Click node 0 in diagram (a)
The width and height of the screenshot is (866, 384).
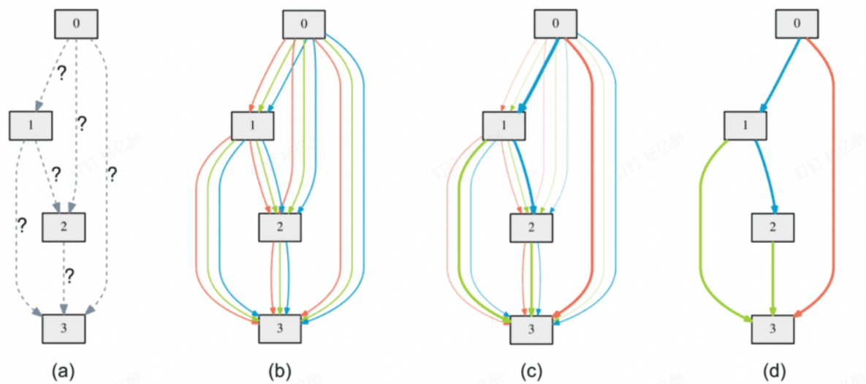click(77, 24)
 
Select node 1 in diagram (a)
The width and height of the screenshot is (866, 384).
click(30, 125)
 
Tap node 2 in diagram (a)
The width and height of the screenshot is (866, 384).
click(64, 227)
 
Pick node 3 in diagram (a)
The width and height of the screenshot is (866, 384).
click(64, 328)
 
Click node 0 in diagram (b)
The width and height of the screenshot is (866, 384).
click(304, 24)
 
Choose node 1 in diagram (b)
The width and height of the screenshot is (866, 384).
click(252, 125)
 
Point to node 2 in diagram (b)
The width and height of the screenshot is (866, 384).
click(281, 227)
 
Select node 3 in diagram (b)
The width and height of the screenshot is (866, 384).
click(281, 328)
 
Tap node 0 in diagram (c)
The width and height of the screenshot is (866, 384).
click(555, 24)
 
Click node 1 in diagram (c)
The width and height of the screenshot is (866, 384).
click(504, 125)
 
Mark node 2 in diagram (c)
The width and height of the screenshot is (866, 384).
click(531, 227)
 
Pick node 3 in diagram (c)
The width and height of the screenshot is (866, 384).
click(531, 328)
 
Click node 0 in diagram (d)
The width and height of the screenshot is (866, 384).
click(797, 24)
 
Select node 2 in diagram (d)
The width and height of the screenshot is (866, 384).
click(773, 227)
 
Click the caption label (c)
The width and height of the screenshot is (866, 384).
click(531, 370)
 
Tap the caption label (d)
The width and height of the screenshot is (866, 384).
click(773, 370)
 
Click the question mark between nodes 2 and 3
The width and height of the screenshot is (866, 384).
click(69, 276)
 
